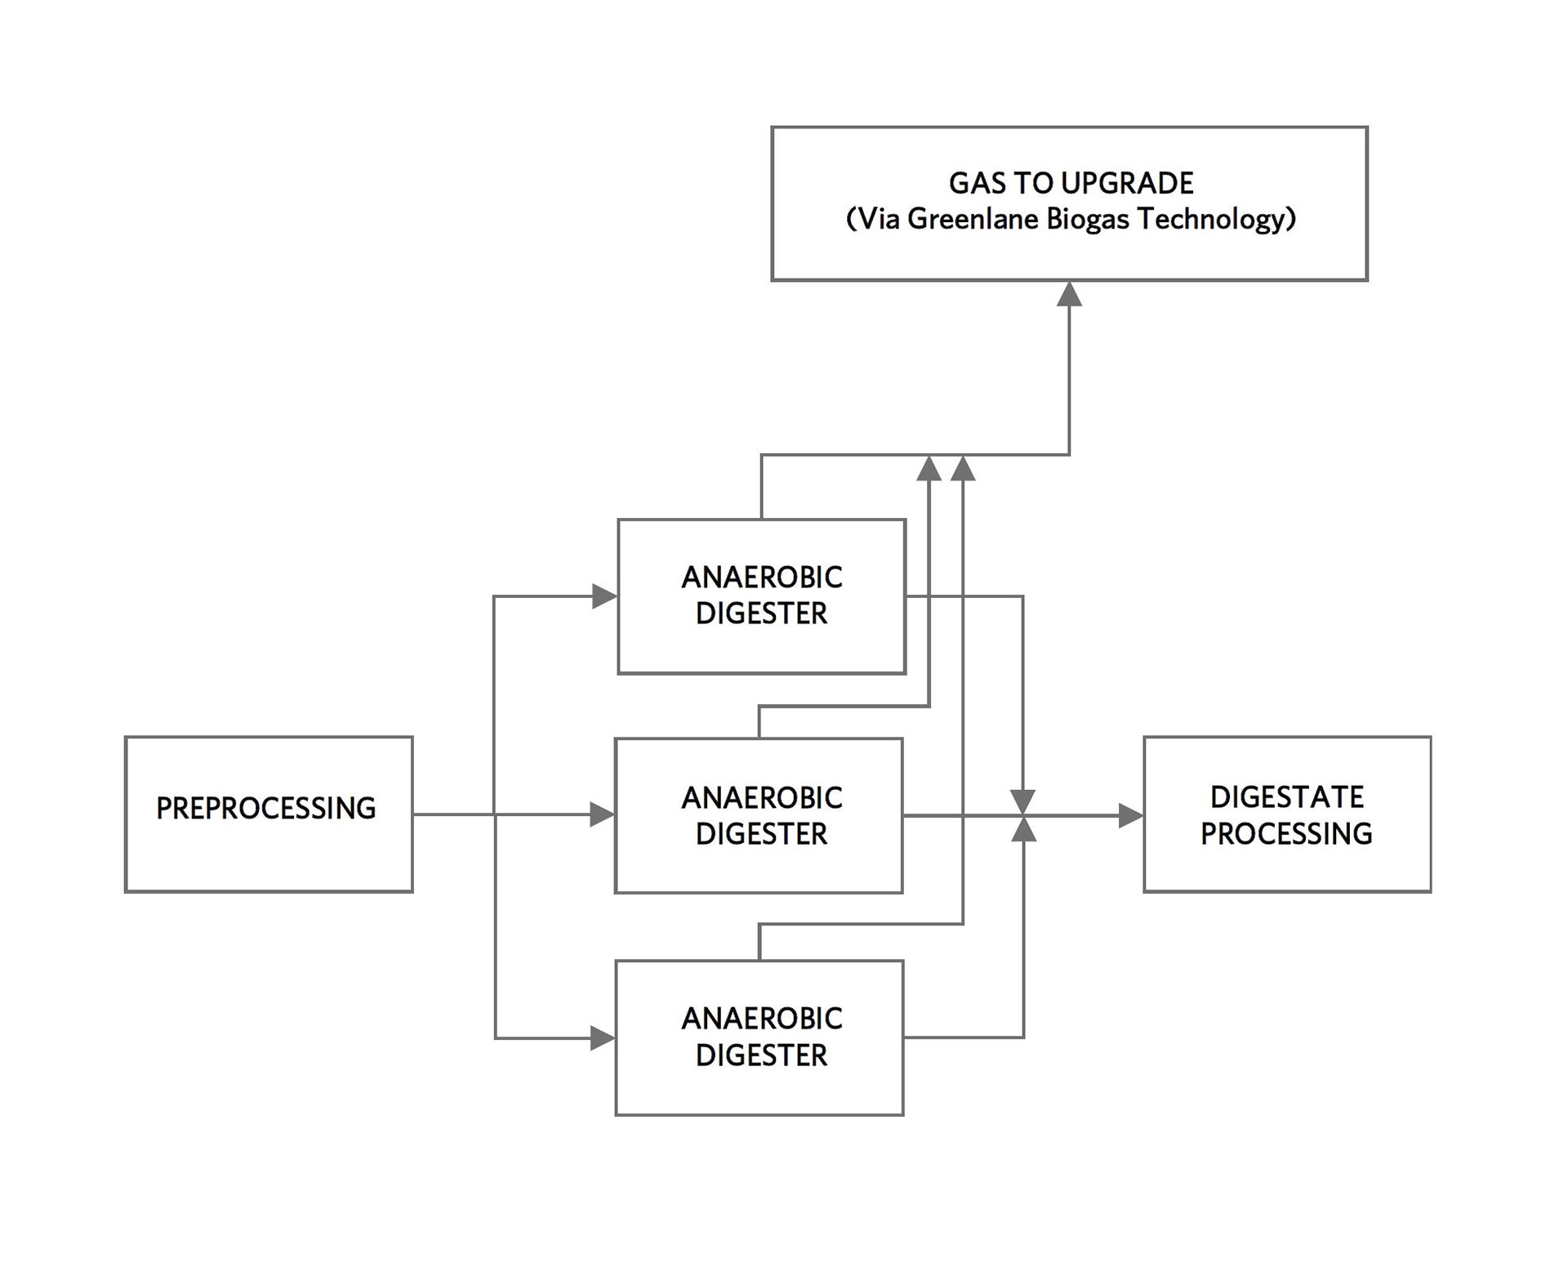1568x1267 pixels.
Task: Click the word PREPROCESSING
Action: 265,808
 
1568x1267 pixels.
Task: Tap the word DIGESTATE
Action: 1286,796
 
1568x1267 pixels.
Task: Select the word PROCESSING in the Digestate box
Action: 1286,833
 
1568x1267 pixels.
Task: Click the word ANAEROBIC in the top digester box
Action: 761,578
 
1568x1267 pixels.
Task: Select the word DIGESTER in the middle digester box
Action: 761,834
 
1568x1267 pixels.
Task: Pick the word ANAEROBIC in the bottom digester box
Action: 761,1019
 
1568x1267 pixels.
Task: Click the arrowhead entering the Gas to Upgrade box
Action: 1069,294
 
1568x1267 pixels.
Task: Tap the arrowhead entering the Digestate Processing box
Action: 1131,814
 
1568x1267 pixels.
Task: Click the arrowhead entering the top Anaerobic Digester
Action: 604,596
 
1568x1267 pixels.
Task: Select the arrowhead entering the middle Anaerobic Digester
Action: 603,814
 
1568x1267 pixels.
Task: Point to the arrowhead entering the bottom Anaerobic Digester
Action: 603,1038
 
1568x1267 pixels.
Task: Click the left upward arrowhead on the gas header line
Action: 929,468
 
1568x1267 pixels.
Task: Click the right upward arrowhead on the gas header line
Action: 963,468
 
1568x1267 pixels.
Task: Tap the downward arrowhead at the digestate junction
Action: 1022,801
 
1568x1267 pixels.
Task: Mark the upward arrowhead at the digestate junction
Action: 1023,830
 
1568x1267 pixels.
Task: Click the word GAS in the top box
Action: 976,183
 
